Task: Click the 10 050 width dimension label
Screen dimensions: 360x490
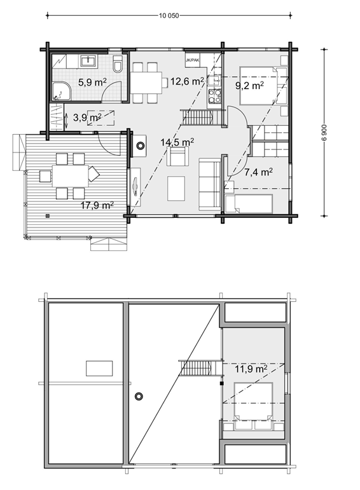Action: click(x=169, y=16)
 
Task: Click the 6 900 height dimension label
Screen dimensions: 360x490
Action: click(x=324, y=132)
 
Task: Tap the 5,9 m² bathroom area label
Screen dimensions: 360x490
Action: click(x=92, y=83)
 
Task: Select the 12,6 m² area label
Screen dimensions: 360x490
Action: click(x=187, y=81)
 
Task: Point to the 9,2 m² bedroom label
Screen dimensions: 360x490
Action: click(x=249, y=85)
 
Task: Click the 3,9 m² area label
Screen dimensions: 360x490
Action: click(x=87, y=118)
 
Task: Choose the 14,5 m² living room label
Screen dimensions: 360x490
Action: click(x=177, y=142)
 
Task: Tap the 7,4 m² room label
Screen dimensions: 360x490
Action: click(x=258, y=172)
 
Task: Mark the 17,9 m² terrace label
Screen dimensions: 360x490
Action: click(x=97, y=205)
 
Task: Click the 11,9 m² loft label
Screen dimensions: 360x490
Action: click(x=251, y=369)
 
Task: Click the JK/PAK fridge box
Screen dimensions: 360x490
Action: click(x=192, y=60)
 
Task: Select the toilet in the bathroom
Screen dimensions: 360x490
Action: click(x=118, y=64)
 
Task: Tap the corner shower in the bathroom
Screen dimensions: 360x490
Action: click(x=61, y=92)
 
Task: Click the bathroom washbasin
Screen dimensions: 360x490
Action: click(x=89, y=60)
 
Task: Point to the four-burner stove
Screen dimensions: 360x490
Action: click(x=214, y=96)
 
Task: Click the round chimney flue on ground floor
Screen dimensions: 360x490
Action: click(x=141, y=146)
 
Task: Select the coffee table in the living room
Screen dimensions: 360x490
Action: click(x=176, y=189)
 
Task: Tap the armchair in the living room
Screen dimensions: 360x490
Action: click(x=177, y=156)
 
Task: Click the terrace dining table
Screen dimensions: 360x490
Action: click(x=70, y=176)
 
